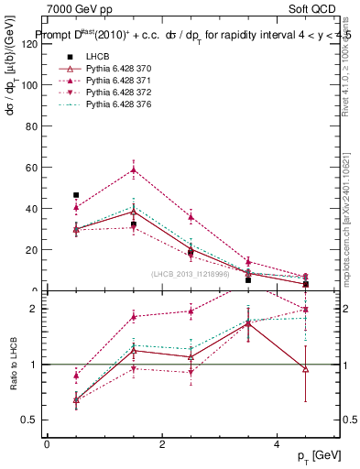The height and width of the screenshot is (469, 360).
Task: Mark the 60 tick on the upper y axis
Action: point(32,168)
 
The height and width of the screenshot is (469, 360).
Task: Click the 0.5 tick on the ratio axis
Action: point(30,420)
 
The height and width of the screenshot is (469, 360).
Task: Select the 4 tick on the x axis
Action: point(278,444)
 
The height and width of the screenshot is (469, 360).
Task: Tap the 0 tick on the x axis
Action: point(47,444)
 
